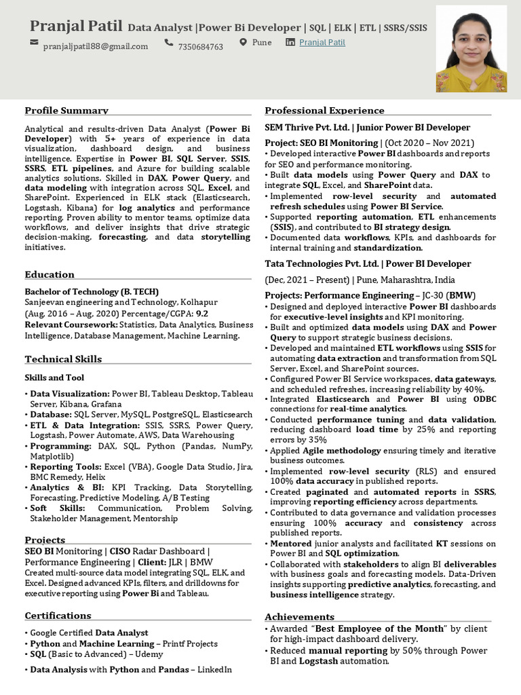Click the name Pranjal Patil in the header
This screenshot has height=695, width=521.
tap(76, 26)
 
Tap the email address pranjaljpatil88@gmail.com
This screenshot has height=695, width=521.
tap(96, 47)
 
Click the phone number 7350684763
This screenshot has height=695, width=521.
tap(200, 47)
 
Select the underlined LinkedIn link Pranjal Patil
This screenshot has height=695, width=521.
tap(322, 43)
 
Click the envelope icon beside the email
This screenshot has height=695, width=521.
tap(35, 43)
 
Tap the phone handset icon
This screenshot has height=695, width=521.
tap(168, 43)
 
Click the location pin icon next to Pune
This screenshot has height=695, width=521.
tap(244, 43)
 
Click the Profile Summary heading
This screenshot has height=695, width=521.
tap(66, 111)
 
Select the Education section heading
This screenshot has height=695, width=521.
tap(50, 275)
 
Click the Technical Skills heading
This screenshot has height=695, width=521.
tap(63, 359)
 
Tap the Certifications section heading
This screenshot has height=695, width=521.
tap(58, 616)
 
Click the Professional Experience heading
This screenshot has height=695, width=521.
tap(324, 111)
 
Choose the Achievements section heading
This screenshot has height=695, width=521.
tap(299, 617)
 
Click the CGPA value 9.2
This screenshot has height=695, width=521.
tap(201, 314)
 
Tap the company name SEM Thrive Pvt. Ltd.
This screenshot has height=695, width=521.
tap(307, 128)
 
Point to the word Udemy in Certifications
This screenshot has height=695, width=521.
tap(149, 654)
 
